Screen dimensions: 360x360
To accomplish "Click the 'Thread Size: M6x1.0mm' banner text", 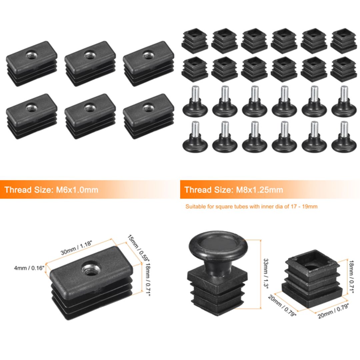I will coord(51,190).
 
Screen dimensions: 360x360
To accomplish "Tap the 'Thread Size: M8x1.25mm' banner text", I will coord(234,190).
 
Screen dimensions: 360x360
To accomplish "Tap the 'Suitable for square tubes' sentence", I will coord(251,207).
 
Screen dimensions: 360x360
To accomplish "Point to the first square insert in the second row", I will coord(195,69).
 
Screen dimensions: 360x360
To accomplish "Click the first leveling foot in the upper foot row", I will coord(195,102).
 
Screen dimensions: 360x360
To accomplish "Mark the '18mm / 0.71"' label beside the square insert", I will coord(350,277).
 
